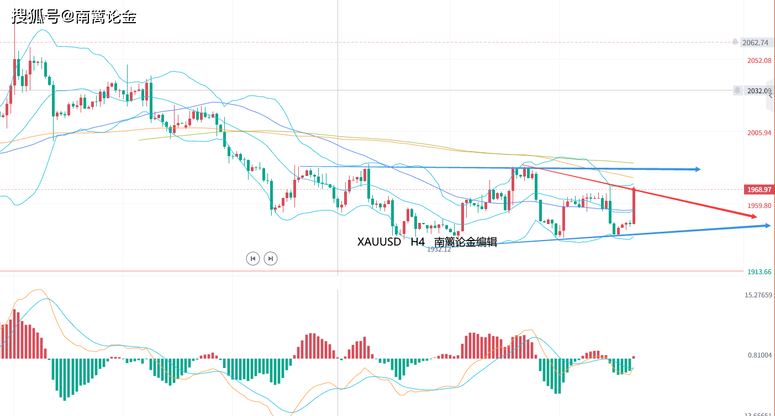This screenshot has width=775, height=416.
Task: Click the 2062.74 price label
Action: click(755, 42)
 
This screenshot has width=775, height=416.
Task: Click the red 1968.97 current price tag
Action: click(758, 189)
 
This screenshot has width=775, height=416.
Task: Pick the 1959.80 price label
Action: click(759, 205)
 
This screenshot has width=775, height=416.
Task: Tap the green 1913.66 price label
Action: click(759, 271)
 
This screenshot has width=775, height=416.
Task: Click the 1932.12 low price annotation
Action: click(439, 249)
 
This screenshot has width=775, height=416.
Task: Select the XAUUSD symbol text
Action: click(379, 242)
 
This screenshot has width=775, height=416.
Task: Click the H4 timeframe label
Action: click(418, 242)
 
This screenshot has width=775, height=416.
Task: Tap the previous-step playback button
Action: click(252, 258)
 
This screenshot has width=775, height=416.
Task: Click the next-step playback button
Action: click(270, 258)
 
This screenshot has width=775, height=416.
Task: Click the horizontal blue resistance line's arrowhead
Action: click(698, 169)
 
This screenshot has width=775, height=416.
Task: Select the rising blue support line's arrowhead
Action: click(767, 225)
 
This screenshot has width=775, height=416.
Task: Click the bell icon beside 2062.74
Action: click(735, 42)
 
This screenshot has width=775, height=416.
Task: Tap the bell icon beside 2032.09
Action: click(737, 90)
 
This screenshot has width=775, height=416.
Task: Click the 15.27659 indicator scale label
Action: click(758, 295)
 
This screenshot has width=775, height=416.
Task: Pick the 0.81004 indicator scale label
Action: click(760, 355)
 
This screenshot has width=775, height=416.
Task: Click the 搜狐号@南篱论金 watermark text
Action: click(74, 17)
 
